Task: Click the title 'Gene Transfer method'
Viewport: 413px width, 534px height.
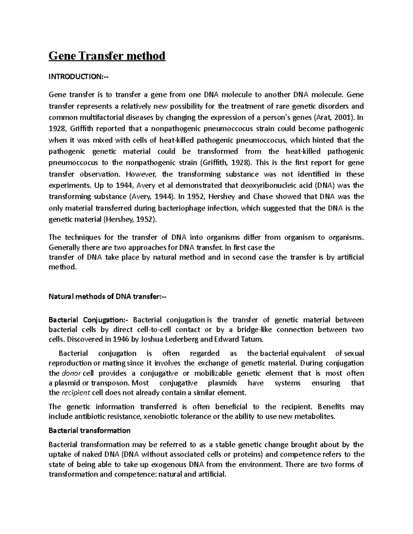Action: click(107, 56)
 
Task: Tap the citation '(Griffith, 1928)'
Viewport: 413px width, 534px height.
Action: click(225, 163)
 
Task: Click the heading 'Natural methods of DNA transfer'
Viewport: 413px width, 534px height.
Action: click(107, 296)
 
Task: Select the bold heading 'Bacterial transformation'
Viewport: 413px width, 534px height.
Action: click(89, 431)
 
